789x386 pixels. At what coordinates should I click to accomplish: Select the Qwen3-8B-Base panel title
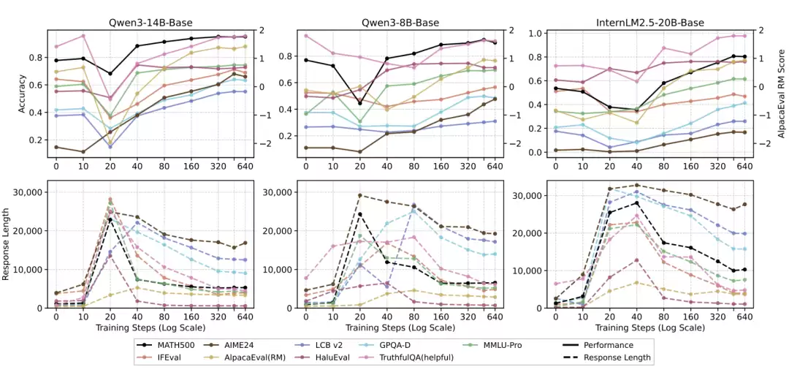coord(400,23)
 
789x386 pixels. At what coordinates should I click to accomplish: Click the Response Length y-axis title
coord(7,244)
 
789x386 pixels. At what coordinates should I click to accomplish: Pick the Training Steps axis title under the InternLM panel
coord(650,328)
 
